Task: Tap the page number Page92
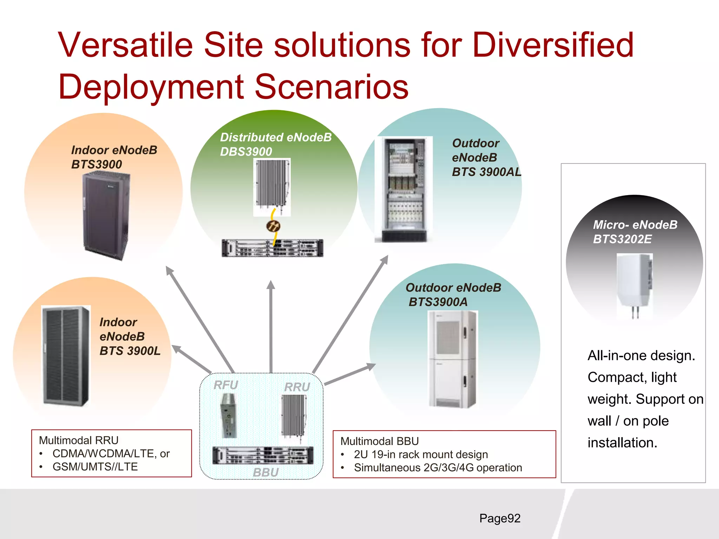500,518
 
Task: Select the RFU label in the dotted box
226,385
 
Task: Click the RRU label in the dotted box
297,387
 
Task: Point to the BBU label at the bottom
266,472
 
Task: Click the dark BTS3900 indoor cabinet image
106,216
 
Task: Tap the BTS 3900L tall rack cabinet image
66,356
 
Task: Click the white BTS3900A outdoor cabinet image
453,359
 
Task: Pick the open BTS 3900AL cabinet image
404,189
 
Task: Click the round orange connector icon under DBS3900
273,226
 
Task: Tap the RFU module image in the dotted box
229,415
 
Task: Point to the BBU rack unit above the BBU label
263,455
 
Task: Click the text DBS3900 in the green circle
246,152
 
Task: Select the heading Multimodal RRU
79,440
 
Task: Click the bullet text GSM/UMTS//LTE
95,467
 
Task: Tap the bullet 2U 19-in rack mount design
421,454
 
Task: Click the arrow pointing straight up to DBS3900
271,326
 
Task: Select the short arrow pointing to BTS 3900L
191,359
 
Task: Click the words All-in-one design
641,355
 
